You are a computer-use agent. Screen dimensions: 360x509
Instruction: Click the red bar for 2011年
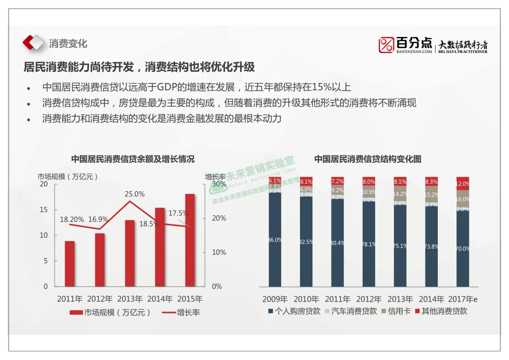point(70,264)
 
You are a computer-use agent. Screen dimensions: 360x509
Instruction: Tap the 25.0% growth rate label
point(134,194)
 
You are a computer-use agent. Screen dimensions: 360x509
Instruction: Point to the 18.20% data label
point(72,219)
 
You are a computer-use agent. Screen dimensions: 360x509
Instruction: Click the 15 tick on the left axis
point(44,209)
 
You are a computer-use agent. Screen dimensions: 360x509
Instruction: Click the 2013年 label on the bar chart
point(130,299)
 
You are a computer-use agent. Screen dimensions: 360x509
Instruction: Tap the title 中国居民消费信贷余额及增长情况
point(133,159)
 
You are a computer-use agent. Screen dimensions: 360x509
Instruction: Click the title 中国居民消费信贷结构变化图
point(368,159)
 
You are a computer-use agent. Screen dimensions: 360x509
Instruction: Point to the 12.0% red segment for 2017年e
point(462,183)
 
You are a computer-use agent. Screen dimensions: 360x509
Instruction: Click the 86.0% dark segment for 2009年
point(275,240)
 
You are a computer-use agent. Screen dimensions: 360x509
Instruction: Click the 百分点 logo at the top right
point(406,45)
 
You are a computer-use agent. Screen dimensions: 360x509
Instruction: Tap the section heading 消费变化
point(68,43)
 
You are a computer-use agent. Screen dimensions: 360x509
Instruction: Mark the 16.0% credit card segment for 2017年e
point(462,198)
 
